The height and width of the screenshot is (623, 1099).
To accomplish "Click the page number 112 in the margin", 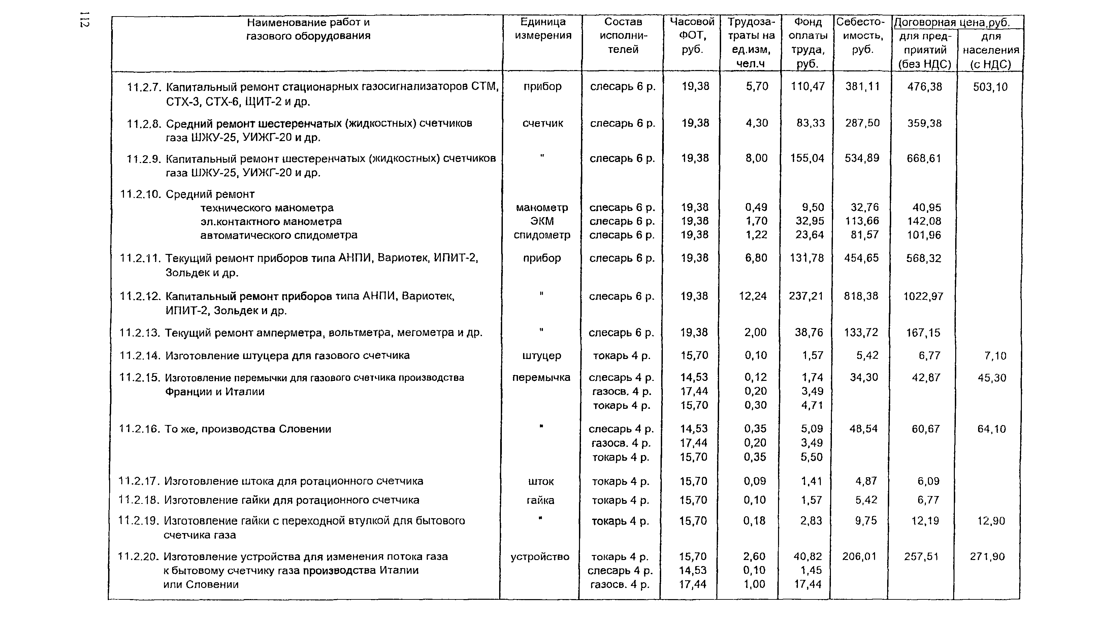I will (x=84, y=21).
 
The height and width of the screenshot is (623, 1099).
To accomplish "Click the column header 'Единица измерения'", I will (x=543, y=29).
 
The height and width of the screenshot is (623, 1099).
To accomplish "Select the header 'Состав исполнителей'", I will (x=623, y=35).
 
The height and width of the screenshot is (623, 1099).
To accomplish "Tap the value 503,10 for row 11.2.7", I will (x=990, y=87).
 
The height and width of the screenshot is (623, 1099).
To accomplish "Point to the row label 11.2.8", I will (x=144, y=124).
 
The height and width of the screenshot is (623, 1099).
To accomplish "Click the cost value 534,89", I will (x=862, y=158).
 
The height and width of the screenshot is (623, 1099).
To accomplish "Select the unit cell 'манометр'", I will (x=542, y=207).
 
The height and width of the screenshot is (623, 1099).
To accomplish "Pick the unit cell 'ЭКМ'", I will (x=542, y=221).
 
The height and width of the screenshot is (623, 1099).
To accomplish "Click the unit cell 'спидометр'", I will (x=542, y=235).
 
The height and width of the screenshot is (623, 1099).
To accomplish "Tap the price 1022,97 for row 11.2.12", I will (x=923, y=296).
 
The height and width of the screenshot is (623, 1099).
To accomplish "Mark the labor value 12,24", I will (x=753, y=296).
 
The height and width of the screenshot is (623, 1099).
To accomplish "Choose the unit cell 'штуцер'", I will (x=542, y=356).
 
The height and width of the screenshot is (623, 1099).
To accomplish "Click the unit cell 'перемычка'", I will (x=541, y=378).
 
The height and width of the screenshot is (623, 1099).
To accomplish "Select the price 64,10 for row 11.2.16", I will (x=992, y=429).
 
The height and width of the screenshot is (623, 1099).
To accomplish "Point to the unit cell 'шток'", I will (x=541, y=481).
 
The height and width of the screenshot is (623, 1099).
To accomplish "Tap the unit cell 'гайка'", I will (x=541, y=500).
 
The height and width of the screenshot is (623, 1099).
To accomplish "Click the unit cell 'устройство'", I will (x=540, y=557).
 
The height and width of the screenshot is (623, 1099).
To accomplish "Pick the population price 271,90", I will (x=987, y=557).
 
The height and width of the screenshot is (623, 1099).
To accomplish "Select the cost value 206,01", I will (x=859, y=557).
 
